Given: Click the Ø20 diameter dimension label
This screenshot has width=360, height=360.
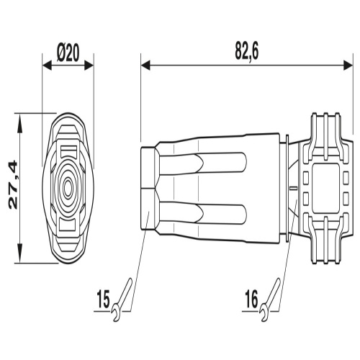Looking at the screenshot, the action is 68,53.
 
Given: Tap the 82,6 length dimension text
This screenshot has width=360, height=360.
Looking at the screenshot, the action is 247,51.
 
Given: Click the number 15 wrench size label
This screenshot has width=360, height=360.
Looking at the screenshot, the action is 104,299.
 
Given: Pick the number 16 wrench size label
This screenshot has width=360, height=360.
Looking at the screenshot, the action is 251,299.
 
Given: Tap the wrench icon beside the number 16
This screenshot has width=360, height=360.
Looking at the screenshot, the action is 270,300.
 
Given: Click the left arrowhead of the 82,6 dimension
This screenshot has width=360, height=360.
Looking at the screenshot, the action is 145,65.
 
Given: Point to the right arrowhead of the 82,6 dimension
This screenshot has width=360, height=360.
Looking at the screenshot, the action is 348,65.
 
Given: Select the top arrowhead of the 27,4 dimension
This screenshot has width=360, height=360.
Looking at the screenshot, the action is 19,120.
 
